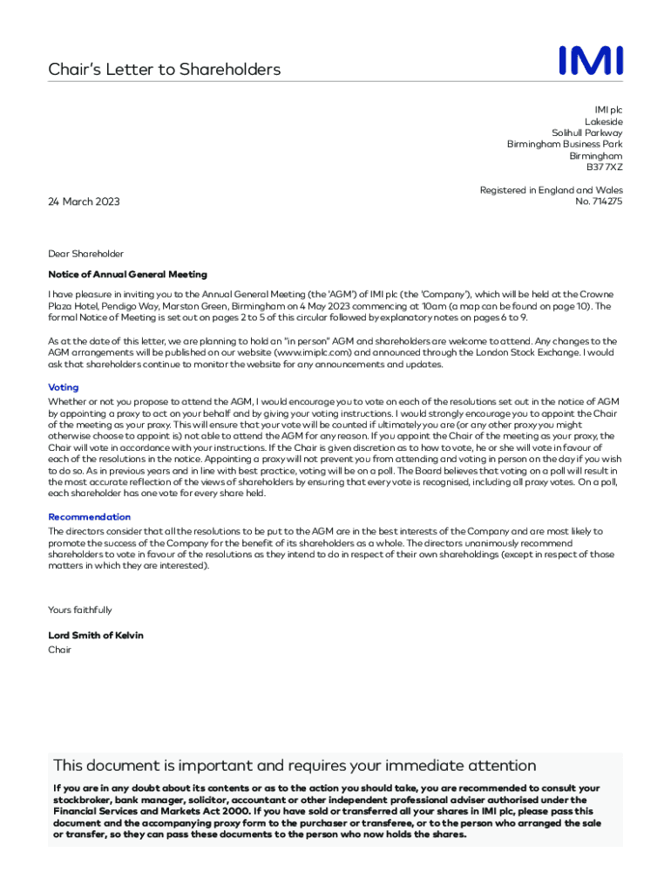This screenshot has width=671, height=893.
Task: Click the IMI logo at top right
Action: pos(591,61)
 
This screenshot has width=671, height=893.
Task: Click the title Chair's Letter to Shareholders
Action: pos(164,70)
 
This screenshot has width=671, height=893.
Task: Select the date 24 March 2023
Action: pos(84,201)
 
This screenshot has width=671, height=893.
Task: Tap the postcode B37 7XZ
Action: pos(604,167)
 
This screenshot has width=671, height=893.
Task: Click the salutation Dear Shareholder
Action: pos(85,254)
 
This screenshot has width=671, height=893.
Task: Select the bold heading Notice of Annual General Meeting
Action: pos(127,274)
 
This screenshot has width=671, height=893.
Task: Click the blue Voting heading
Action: pos(63,387)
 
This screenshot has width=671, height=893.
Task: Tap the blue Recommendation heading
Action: pos(89,517)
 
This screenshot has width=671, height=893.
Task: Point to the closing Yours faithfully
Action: pos(79,610)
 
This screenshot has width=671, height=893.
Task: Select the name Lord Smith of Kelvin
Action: pos(96,636)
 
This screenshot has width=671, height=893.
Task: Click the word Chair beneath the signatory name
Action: pos(59,650)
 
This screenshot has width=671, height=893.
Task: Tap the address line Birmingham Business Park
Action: pos(565,144)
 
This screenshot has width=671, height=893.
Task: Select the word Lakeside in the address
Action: pos(603,121)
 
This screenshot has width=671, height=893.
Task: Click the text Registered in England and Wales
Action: pos(551,190)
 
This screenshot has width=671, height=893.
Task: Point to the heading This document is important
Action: pos(295,766)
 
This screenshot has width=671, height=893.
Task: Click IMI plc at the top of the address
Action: pos(608,110)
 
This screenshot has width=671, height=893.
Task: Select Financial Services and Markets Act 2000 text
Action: pos(138,811)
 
